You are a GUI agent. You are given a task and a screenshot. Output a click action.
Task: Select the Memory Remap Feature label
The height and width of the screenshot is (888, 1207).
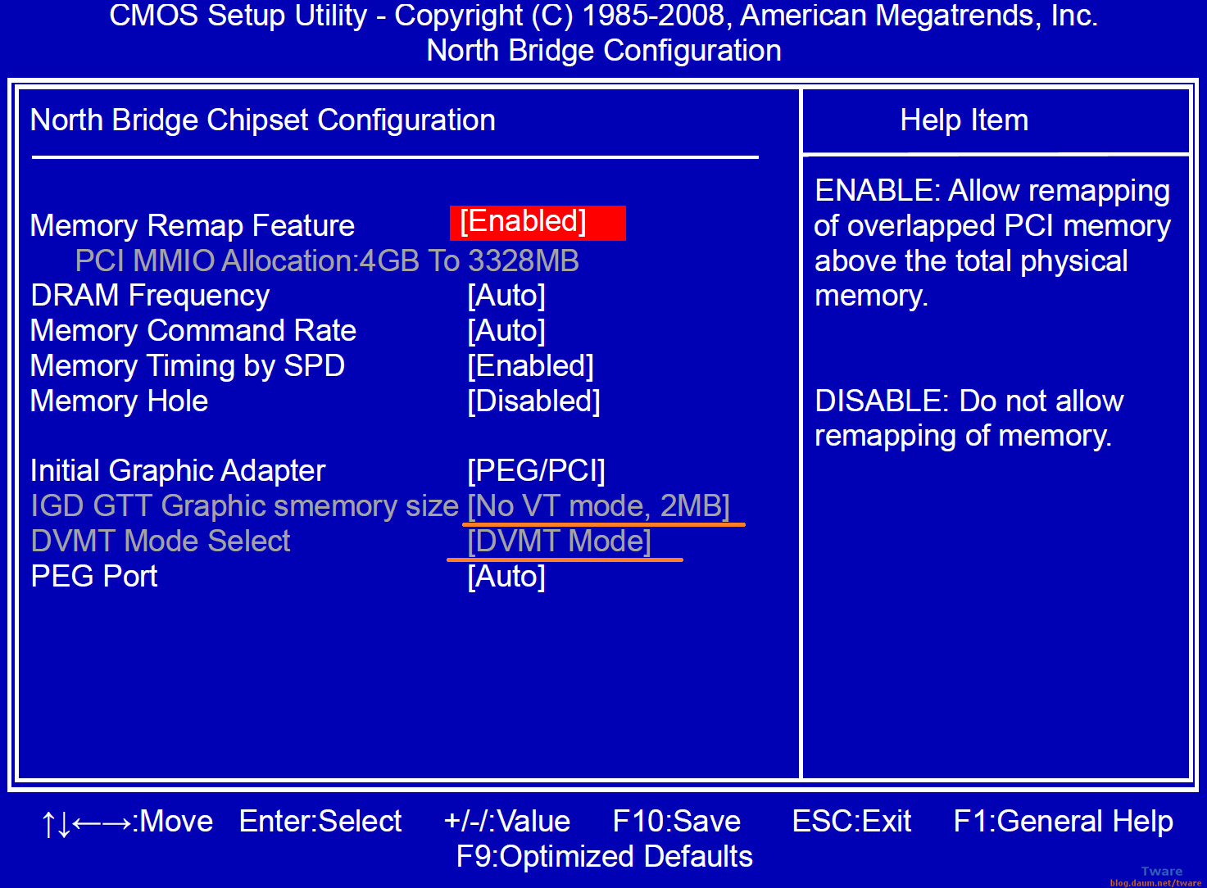click(x=193, y=226)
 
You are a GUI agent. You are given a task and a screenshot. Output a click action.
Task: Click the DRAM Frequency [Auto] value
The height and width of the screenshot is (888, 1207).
click(x=506, y=296)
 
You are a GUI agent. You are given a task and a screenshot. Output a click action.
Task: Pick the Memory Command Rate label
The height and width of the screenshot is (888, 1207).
click(x=193, y=331)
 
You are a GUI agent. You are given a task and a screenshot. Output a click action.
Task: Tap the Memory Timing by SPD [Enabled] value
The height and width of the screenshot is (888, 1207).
click(x=530, y=366)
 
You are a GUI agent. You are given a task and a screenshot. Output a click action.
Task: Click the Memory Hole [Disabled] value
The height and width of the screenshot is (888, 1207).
click(x=533, y=401)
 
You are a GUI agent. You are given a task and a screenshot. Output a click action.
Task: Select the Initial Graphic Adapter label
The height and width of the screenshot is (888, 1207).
click(x=178, y=471)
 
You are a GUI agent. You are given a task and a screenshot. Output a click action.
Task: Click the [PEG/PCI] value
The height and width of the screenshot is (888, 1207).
click(x=536, y=471)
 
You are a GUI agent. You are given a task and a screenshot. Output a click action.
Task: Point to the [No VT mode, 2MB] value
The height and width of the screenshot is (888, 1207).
click(x=598, y=506)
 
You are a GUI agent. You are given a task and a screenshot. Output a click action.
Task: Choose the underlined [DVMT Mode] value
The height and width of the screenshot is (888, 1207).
click(x=559, y=541)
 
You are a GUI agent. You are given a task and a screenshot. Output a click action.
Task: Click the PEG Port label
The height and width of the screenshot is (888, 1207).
click(x=94, y=577)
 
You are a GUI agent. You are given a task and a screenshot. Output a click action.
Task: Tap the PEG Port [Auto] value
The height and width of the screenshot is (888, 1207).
click(x=506, y=577)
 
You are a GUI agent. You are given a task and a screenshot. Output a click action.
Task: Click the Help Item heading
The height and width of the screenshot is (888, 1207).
click(x=964, y=120)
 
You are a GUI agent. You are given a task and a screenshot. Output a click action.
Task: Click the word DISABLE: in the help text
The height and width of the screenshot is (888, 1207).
click(x=882, y=401)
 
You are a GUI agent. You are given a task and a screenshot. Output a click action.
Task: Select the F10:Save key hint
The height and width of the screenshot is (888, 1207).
click(x=676, y=822)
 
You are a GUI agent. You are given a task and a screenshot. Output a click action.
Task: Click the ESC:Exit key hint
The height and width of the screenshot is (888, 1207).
click(x=851, y=822)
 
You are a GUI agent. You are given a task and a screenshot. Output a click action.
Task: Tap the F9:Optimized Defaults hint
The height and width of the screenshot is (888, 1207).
click(x=604, y=857)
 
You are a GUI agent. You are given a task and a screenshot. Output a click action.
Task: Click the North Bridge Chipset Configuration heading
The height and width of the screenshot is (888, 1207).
click(x=262, y=120)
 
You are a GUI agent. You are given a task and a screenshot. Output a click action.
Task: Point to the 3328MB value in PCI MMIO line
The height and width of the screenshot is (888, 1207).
click(x=524, y=261)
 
